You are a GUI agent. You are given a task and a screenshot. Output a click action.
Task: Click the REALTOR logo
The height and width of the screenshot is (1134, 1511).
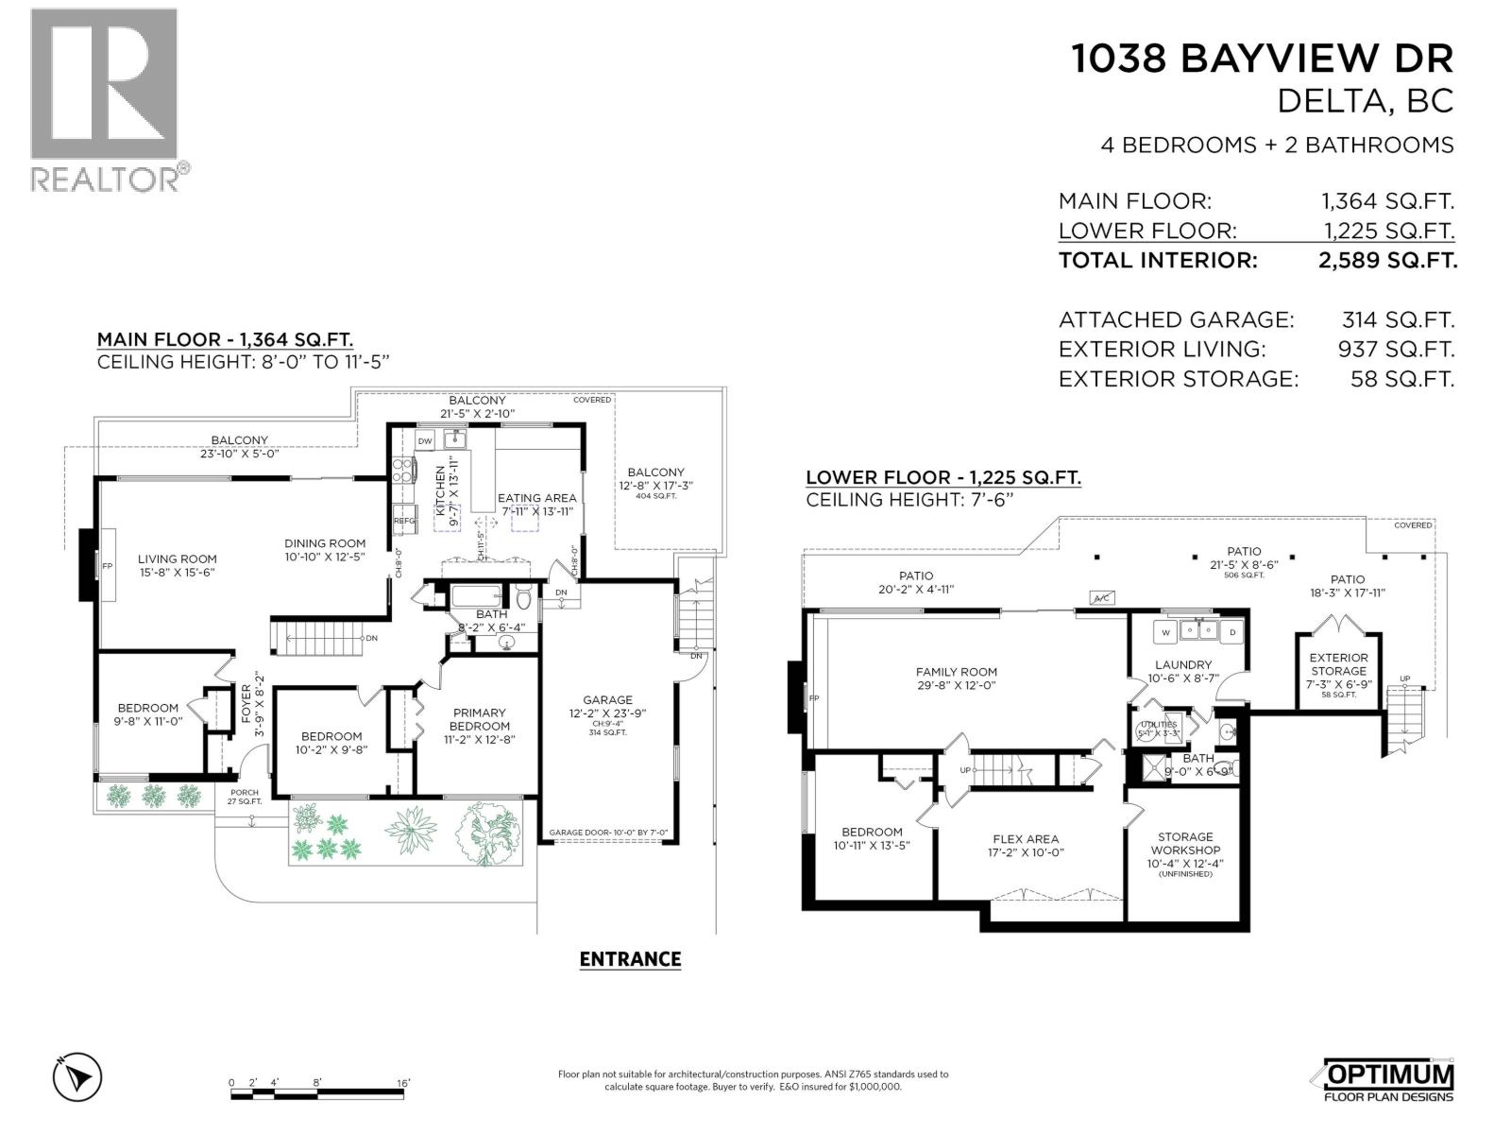point(105,98)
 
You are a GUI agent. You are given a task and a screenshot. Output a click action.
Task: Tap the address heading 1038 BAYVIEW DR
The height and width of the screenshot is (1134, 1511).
point(1262,59)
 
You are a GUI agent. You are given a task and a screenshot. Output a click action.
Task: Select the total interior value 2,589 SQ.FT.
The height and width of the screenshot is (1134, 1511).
point(1387,261)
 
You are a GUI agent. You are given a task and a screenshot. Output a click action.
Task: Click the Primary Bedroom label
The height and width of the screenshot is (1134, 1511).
point(480,719)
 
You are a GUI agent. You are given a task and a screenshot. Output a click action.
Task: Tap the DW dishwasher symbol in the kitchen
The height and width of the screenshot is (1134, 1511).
point(425,441)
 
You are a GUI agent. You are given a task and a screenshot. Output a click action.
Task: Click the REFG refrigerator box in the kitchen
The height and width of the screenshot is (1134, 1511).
point(404,521)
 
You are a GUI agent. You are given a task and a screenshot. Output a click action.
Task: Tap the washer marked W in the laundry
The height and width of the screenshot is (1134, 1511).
point(1165,632)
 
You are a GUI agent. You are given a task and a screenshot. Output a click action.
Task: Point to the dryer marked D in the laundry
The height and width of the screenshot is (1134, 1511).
point(1231,632)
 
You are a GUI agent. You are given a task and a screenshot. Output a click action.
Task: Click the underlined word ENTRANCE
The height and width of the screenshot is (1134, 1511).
point(630,959)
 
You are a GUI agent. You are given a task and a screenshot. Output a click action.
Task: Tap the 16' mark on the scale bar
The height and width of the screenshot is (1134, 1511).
point(403,1083)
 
